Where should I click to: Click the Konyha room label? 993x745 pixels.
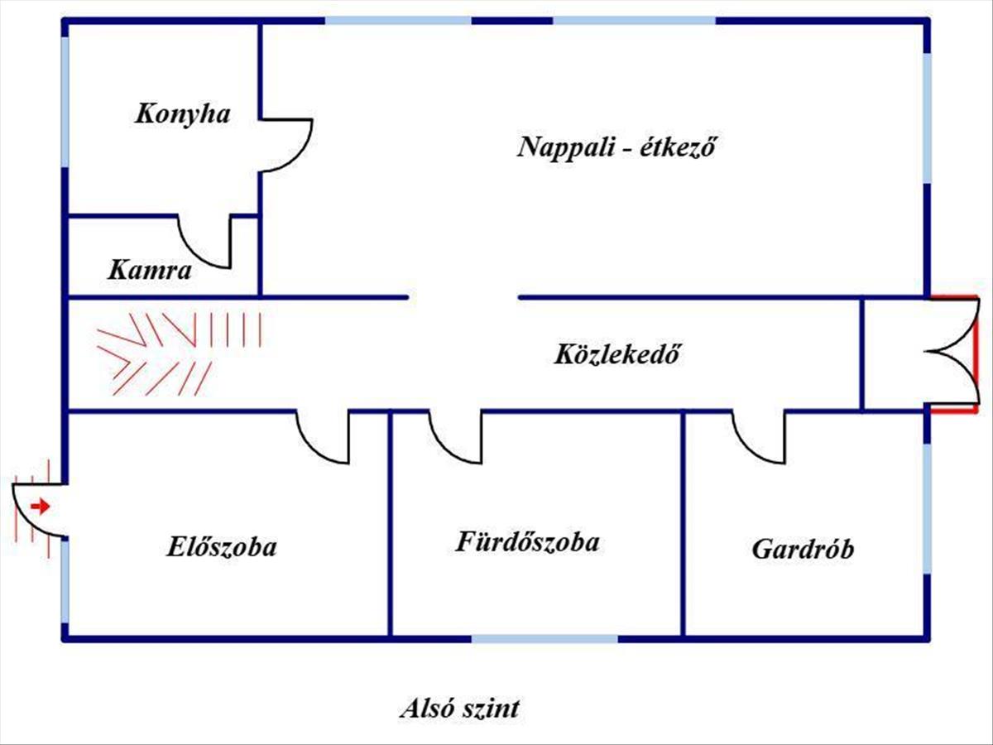[183, 114]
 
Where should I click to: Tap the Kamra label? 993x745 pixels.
[150, 271]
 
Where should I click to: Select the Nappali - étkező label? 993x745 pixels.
[617, 147]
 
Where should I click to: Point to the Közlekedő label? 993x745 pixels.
[618, 354]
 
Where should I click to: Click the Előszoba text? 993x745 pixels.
[222, 546]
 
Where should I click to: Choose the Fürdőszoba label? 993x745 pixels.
[527, 542]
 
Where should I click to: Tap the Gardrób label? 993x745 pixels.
[803, 549]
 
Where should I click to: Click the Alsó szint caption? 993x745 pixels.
[460, 709]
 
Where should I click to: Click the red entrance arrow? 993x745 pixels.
[40, 506]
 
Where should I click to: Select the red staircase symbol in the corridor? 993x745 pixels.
[179, 354]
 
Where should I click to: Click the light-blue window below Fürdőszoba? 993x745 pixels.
[544, 639]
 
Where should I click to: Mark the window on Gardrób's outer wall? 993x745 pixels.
[927, 509]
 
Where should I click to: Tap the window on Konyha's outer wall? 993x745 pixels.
[65, 102]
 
